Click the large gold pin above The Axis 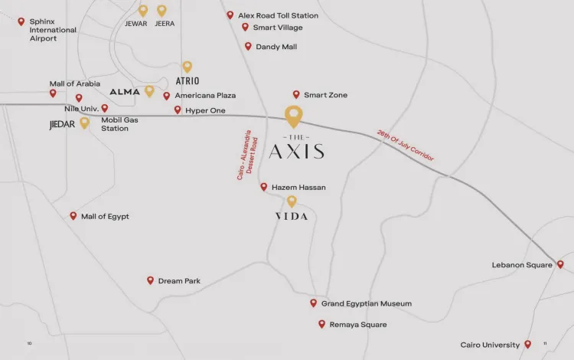(x=293, y=116)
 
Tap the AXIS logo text (x=296, y=151)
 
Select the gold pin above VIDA (x=292, y=201)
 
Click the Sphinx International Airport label (x=53, y=30)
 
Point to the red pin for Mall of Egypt (x=73, y=216)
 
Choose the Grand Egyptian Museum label (x=367, y=304)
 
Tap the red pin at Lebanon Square (x=560, y=264)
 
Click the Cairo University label (x=490, y=345)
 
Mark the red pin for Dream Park (x=150, y=280)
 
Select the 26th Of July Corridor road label (x=406, y=145)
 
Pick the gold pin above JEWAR (x=143, y=10)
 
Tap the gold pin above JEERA (x=161, y=10)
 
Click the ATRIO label (x=188, y=80)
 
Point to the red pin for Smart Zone (x=296, y=94)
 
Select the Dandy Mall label (x=276, y=47)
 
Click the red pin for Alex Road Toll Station (x=230, y=15)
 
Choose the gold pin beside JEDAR (x=84, y=122)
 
